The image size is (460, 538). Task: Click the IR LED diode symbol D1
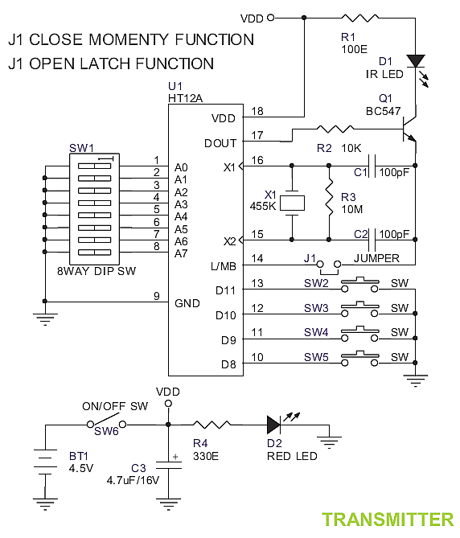tap(416, 62)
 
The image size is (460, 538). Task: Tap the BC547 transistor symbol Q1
tap(410, 129)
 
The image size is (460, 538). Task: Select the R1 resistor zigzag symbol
tap(360, 18)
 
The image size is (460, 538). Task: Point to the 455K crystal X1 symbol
tap(292, 203)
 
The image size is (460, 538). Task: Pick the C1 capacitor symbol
tap(372, 166)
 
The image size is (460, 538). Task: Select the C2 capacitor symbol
tap(372, 240)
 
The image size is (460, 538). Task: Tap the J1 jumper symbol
tap(329, 267)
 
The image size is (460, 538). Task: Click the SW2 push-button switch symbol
tap(359, 285)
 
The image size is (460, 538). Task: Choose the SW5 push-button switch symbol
tap(359, 359)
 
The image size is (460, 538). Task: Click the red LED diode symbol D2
tap(274, 425)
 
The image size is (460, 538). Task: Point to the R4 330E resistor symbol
tap(212, 425)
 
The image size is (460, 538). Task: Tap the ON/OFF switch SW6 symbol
tap(106, 421)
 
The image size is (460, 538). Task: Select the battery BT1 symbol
tap(45, 462)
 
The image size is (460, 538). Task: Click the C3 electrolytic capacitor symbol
tap(168, 466)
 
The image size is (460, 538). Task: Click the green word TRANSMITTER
tap(388, 520)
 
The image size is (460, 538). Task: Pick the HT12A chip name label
tap(185, 98)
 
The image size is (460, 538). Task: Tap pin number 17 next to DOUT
tap(257, 135)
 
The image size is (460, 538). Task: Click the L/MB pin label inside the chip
tap(224, 266)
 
